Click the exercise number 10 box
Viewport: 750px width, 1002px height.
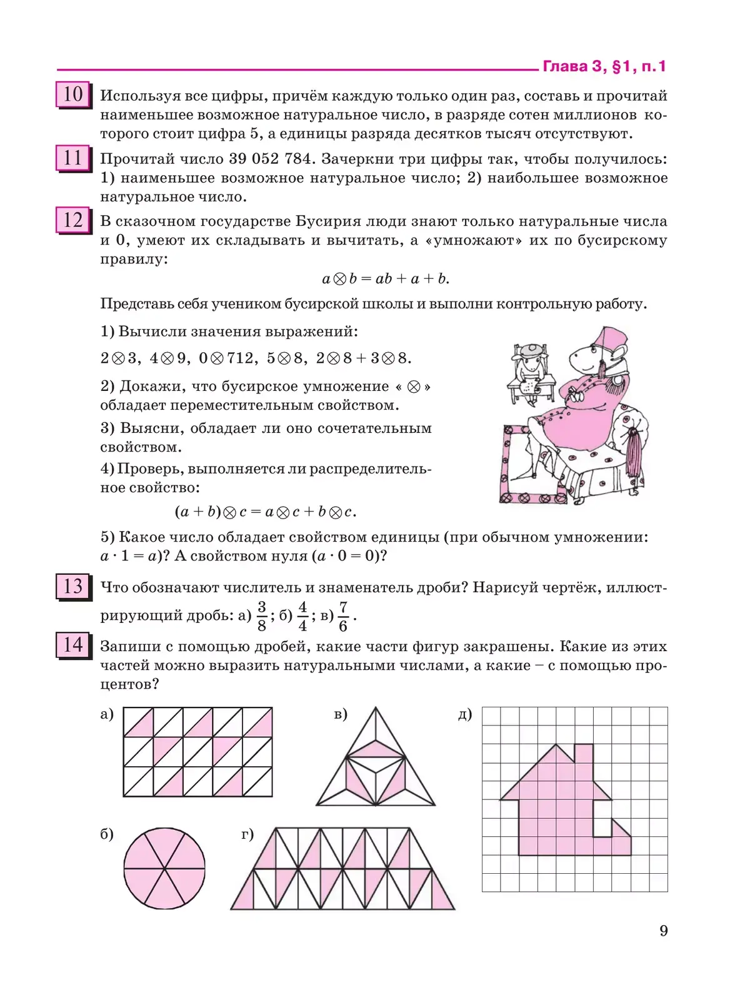(73, 95)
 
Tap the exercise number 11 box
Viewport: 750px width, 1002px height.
(73, 158)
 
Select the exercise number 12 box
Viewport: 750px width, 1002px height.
(73, 221)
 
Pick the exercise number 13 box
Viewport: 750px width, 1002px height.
(73, 587)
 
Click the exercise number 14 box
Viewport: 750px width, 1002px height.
(73, 645)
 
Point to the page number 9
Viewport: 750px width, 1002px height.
(664, 931)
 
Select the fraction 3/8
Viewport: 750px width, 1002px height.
(262, 615)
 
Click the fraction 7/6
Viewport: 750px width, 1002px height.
(343, 616)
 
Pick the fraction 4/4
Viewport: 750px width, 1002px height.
(302, 615)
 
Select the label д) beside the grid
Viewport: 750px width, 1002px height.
(465, 714)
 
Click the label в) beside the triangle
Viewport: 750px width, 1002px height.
(341, 714)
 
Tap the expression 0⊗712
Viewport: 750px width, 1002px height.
(226, 358)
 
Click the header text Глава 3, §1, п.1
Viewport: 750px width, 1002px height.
(604, 66)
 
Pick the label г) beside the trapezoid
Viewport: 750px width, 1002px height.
(247, 834)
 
